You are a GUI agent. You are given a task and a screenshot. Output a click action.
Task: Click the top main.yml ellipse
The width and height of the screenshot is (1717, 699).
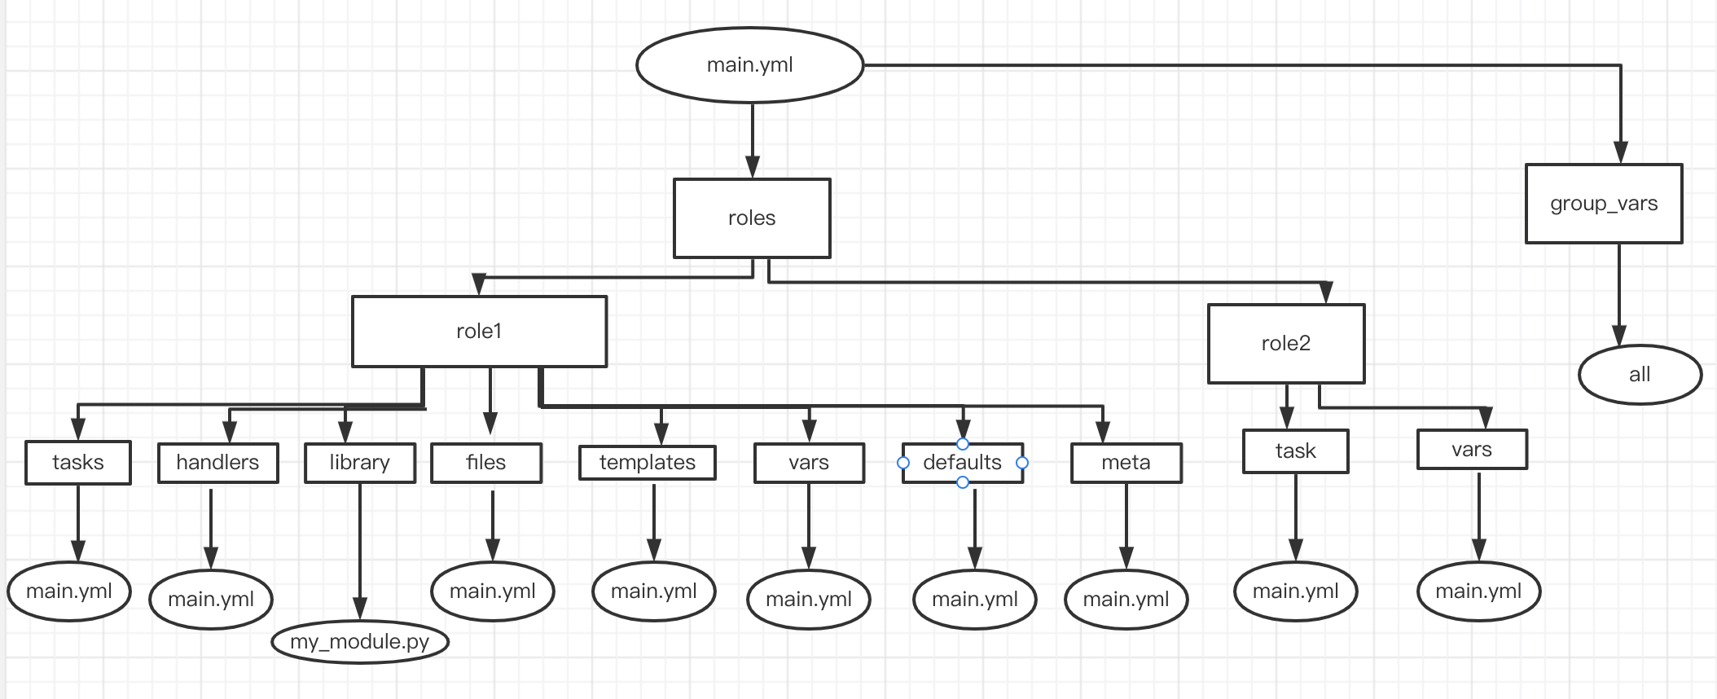(749, 65)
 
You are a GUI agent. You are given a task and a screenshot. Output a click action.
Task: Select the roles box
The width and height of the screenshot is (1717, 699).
(752, 218)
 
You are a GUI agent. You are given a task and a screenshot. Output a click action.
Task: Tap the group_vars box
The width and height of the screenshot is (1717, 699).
(1604, 204)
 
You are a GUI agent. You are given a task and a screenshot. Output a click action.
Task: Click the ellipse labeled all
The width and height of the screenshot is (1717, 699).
(1640, 375)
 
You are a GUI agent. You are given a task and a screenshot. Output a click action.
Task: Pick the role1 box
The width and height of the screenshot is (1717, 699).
(479, 332)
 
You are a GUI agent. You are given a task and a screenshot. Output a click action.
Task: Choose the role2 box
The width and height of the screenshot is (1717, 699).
(1286, 344)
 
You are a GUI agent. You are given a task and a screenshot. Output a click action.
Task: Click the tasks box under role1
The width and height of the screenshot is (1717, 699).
(78, 463)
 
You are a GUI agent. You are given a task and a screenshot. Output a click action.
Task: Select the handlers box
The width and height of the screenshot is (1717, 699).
(217, 463)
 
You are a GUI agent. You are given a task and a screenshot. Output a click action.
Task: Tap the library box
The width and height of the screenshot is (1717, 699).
(360, 463)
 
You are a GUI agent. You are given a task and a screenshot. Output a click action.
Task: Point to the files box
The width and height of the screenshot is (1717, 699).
(486, 463)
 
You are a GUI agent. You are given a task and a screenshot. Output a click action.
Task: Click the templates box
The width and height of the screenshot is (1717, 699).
(648, 463)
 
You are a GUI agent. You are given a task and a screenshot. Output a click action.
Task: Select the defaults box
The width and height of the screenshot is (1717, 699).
(963, 463)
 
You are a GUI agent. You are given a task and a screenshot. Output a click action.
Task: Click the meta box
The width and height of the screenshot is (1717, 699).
(1126, 463)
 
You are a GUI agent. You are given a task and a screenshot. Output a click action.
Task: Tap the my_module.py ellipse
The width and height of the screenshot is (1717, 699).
(360, 642)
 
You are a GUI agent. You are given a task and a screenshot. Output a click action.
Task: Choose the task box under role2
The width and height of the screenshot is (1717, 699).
(1295, 451)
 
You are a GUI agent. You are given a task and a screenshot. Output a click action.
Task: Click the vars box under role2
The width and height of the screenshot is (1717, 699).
(1472, 450)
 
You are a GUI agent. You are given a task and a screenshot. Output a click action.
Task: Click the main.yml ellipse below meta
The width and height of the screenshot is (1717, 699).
(1126, 600)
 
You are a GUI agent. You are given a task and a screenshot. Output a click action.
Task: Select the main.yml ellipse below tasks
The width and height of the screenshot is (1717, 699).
(69, 591)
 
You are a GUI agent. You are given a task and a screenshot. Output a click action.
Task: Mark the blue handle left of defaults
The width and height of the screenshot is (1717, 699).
(903, 463)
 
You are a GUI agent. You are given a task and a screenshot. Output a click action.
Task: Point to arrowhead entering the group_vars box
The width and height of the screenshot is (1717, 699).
(1621, 153)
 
